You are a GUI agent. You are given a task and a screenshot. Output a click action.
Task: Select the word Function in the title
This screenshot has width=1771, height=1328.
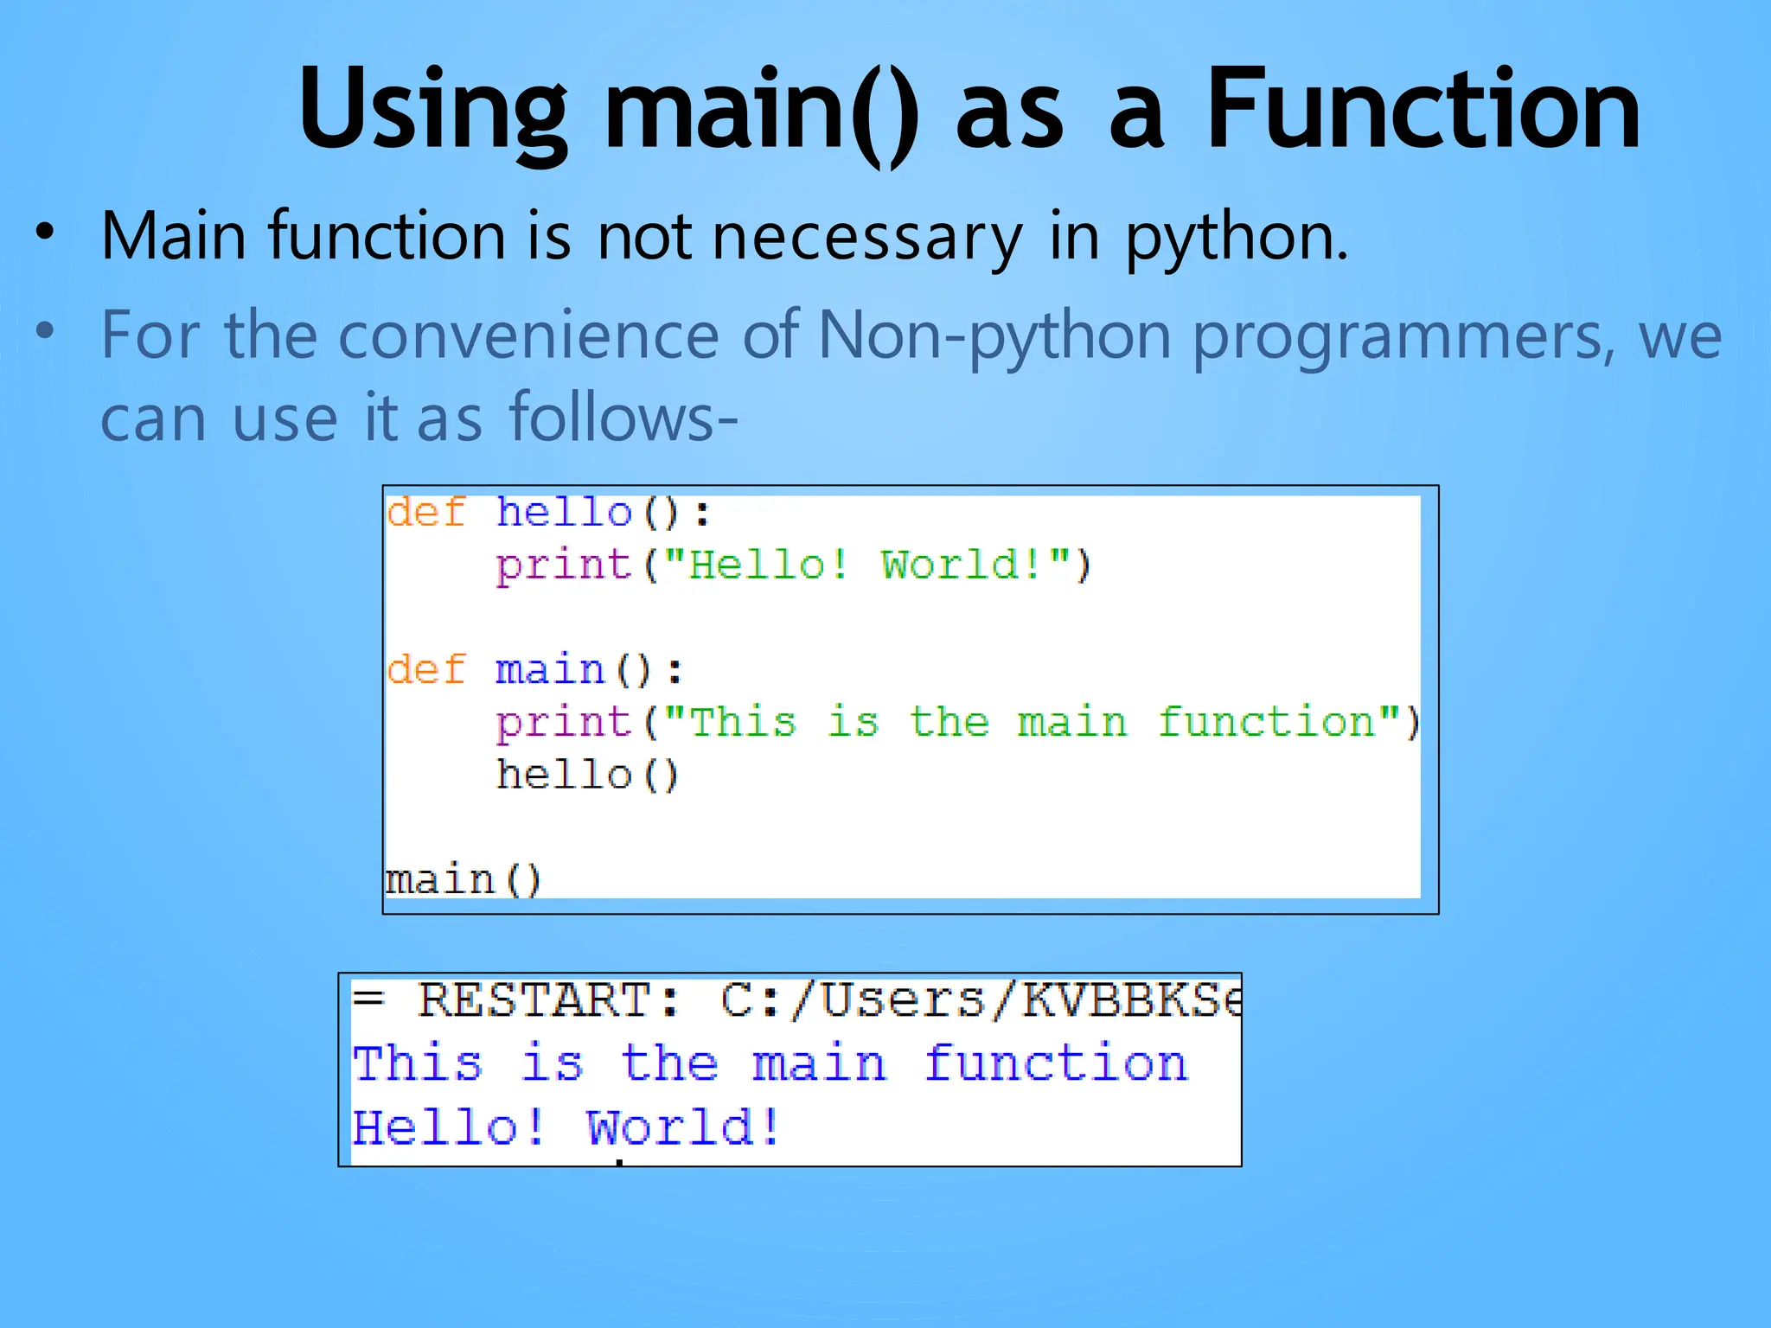pos(1422,109)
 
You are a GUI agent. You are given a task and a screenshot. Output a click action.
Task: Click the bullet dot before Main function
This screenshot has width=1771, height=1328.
pos(45,232)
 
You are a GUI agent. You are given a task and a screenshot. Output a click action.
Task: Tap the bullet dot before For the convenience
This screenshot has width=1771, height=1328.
pos(45,331)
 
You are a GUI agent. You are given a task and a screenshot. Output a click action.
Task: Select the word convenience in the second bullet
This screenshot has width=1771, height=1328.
pos(527,335)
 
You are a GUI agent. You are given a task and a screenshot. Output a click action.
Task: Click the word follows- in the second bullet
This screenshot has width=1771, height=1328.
pos(623,418)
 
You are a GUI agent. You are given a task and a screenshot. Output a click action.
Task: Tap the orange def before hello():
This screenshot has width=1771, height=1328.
pos(425,512)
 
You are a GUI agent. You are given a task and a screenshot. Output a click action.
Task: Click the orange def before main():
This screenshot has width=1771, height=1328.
pos(425,669)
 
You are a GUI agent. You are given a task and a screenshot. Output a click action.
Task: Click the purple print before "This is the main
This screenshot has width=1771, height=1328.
pos(564,723)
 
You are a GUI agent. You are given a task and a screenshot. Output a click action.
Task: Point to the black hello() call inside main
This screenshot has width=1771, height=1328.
pos(587,775)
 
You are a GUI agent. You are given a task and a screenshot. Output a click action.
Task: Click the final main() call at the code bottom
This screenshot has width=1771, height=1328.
pos(463,880)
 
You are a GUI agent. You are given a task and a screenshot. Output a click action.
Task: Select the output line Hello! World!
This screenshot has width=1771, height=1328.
pos(566,1127)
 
